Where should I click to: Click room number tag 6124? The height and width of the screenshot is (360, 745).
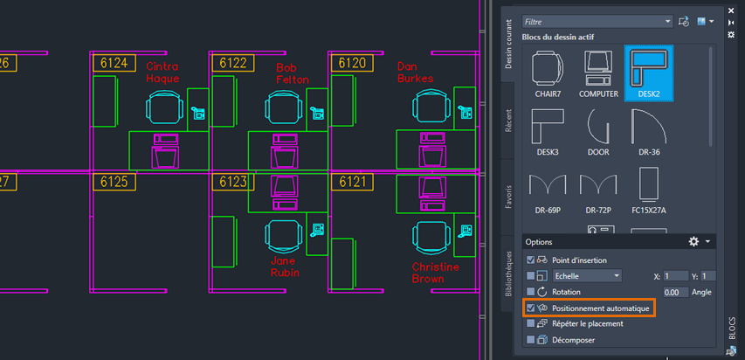(x=114, y=63)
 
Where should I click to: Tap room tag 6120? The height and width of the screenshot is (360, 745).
(x=352, y=63)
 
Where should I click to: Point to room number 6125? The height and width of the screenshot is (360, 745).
(x=114, y=182)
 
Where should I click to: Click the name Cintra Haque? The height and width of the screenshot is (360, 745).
(x=162, y=73)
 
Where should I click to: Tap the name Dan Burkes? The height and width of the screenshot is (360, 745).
(x=414, y=73)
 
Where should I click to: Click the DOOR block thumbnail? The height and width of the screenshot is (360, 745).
(x=598, y=132)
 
